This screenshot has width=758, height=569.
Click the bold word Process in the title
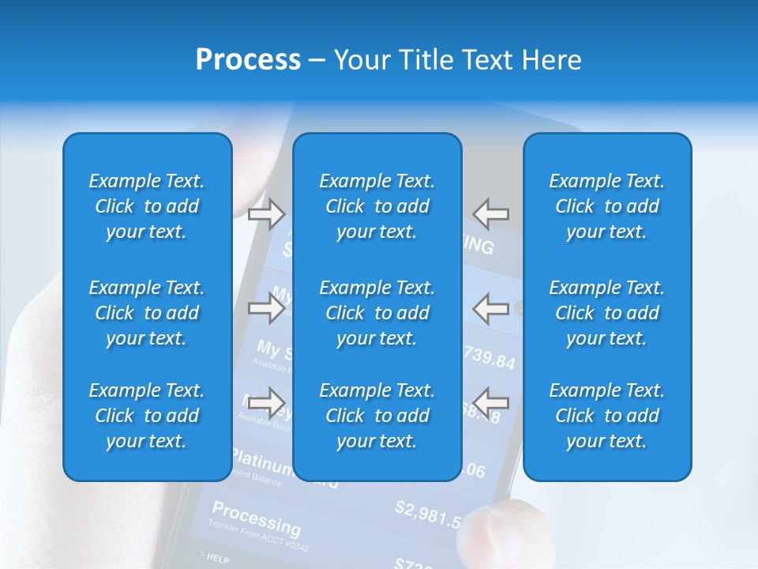tap(248, 60)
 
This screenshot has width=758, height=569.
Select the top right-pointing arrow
tap(266, 213)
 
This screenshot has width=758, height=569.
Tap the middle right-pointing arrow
tap(266, 307)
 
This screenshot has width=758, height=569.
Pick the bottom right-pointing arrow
tap(266, 402)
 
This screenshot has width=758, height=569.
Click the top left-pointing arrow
tap(490, 213)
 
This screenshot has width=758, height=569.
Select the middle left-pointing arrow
tap(490, 307)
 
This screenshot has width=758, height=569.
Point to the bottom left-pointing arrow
tap(490, 400)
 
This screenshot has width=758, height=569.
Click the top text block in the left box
tap(147, 206)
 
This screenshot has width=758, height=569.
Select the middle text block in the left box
tap(147, 313)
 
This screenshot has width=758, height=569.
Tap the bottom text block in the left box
tap(147, 416)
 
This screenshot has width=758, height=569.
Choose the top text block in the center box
tap(377, 206)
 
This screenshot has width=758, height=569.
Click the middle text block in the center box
tap(377, 313)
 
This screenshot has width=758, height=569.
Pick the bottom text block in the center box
tap(377, 416)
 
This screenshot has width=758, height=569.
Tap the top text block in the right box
tap(607, 206)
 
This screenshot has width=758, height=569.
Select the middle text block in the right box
tap(607, 313)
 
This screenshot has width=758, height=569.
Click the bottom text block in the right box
tap(607, 416)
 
